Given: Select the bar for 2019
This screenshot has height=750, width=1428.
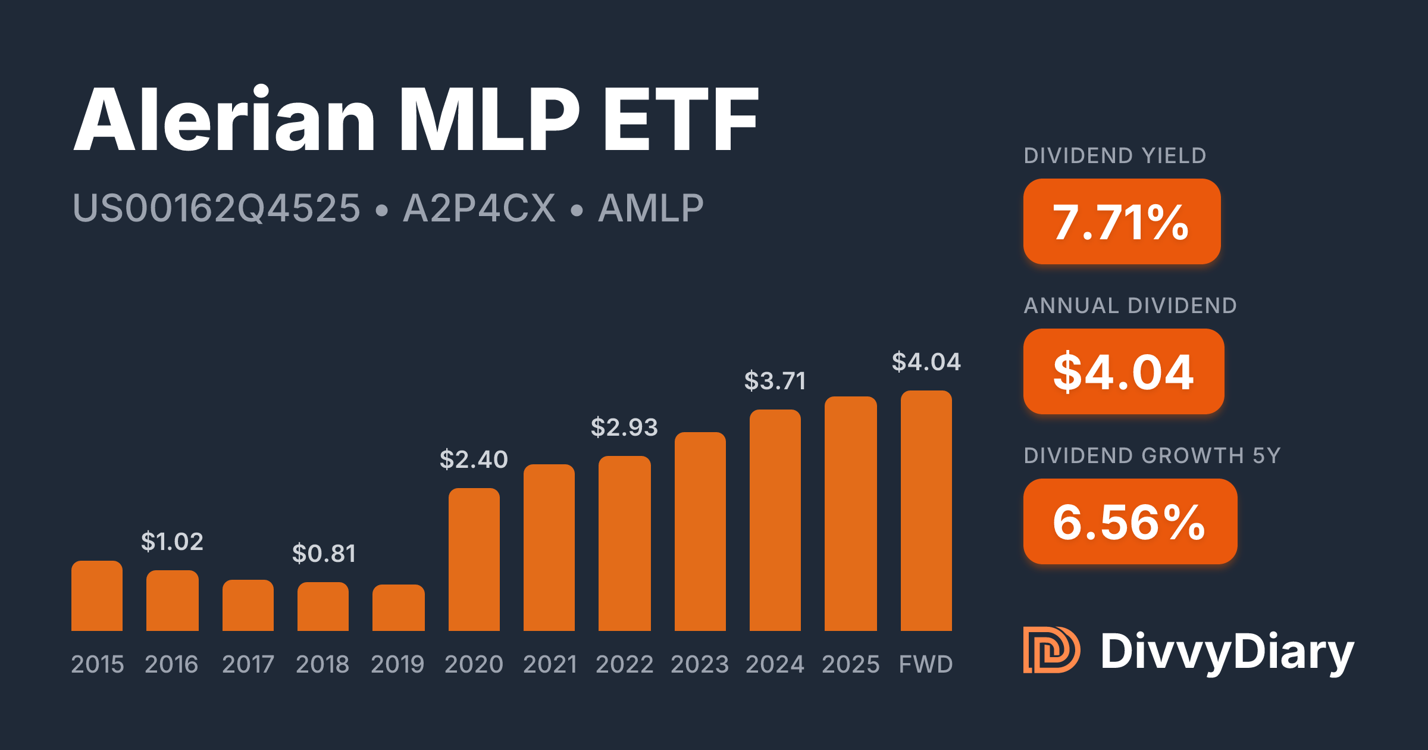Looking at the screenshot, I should tap(399, 608).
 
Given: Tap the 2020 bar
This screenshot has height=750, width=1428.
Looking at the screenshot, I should tap(474, 560).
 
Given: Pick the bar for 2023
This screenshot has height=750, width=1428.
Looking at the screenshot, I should tap(700, 532).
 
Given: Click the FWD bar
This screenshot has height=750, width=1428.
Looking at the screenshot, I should tap(926, 511).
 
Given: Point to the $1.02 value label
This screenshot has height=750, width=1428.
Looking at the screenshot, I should tap(172, 542).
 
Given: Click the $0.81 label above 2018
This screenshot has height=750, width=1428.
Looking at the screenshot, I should tap(324, 554).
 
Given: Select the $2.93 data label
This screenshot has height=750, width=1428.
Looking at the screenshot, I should tap(624, 427).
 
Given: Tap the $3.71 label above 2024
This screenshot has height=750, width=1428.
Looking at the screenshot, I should tap(775, 381).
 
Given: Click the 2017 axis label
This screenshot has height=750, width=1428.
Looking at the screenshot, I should tap(248, 664).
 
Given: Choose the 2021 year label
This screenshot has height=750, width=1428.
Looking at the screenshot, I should tap(550, 664).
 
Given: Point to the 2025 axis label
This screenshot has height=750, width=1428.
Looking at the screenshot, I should tap(851, 664).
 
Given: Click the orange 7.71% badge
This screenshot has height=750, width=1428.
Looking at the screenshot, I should tap(1122, 221).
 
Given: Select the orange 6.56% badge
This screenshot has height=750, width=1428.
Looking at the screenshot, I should tap(1130, 521).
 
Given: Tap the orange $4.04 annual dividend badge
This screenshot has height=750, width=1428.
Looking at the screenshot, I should tap(1123, 371).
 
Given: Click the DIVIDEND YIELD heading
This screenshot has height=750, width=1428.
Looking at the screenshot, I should tap(1115, 156).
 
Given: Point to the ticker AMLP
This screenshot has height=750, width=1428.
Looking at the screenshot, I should tap(651, 208).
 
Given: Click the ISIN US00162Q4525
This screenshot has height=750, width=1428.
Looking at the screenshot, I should tap(217, 208).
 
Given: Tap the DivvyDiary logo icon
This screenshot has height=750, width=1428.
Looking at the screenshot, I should tap(1051, 650).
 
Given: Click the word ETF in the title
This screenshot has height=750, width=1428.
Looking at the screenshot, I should tap(681, 119).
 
